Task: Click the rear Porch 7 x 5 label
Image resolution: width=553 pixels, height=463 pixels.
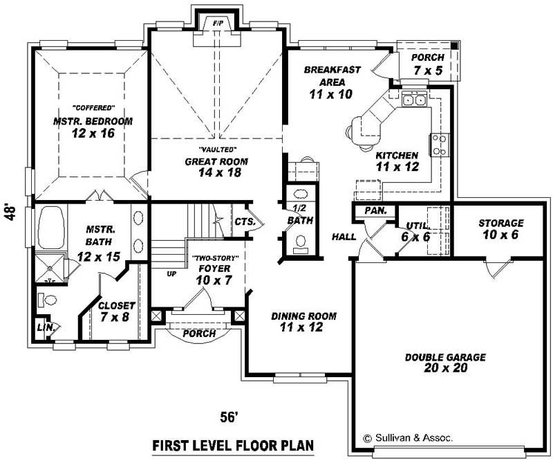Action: point(429,64)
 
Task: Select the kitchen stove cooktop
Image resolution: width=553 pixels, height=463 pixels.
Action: point(439,145)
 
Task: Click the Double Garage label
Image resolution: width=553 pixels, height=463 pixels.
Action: point(445,363)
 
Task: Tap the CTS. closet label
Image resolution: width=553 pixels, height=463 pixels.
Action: point(245,222)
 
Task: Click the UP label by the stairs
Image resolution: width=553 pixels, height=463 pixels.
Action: point(171,274)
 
